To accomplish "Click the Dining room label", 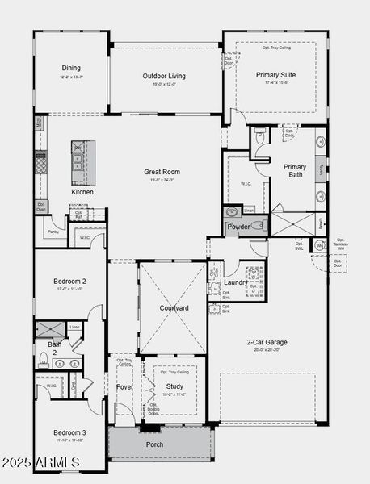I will click(71, 68).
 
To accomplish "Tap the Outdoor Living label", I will click(164, 76).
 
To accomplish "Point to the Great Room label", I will click(162, 172).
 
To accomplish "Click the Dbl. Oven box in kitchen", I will click(40, 206).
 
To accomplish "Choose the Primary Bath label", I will click(295, 170).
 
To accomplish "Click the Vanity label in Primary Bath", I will click(321, 170).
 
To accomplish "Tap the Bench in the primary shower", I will click(321, 223).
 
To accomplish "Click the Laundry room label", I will click(236, 282).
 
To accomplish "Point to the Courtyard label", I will click(173, 308).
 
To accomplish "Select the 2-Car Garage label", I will click(267, 342).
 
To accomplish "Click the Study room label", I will click(174, 386).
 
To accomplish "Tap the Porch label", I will click(154, 444).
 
